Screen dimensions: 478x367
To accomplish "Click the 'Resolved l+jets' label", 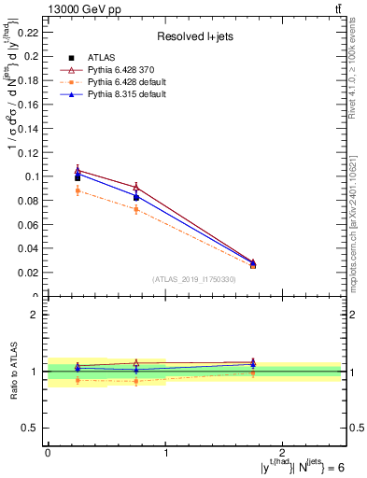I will click(x=194, y=37).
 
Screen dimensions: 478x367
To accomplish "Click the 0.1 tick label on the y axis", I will click(x=34, y=176).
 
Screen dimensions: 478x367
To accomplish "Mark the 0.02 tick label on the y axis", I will click(x=31, y=273).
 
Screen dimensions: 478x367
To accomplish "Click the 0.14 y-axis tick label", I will click(x=31, y=128).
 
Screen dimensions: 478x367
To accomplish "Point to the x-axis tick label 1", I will click(x=165, y=451).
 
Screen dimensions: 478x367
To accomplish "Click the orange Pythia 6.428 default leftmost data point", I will click(x=78, y=190).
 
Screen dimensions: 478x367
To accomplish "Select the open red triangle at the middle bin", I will click(x=136, y=187).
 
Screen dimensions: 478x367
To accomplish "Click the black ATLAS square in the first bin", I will click(x=78, y=177).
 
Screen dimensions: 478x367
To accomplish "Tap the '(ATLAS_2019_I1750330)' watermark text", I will click(x=194, y=279).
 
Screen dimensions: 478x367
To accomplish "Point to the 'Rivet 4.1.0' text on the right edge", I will click(x=359, y=75).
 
